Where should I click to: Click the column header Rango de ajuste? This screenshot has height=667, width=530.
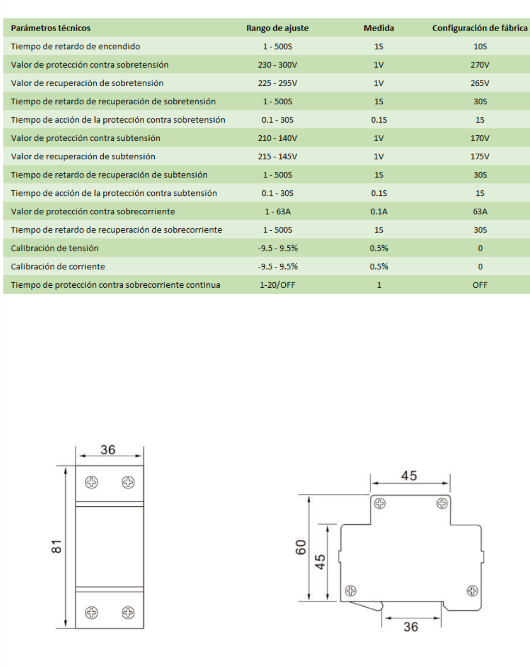click(277, 28)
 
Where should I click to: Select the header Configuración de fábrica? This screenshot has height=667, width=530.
click(480, 28)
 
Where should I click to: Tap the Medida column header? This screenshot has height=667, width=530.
click(379, 28)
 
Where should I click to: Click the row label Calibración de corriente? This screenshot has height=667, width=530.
click(58, 266)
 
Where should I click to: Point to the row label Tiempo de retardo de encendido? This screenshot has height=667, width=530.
click(76, 46)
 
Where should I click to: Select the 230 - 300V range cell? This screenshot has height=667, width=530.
click(277, 65)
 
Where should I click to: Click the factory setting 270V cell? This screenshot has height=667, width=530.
click(480, 65)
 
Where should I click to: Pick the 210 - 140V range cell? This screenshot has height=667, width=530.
click(277, 138)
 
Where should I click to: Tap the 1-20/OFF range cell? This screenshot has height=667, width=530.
click(277, 285)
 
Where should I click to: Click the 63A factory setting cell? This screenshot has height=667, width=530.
click(480, 211)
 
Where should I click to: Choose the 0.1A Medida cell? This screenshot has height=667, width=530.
click(379, 211)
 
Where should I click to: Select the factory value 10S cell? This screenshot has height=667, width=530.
click(480, 46)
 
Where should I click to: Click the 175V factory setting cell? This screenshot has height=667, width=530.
click(480, 157)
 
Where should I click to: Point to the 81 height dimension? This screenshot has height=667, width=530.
click(57, 547)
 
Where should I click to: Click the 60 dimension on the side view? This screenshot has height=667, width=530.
click(301, 547)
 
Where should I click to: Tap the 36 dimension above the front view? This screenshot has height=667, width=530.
click(108, 450)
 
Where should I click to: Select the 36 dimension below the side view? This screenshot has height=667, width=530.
click(410, 627)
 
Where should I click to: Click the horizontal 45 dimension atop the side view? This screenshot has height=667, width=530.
click(409, 476)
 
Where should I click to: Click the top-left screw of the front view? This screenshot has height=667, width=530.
click(92, 482)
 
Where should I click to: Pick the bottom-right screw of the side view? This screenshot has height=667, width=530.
click(472, 591)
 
